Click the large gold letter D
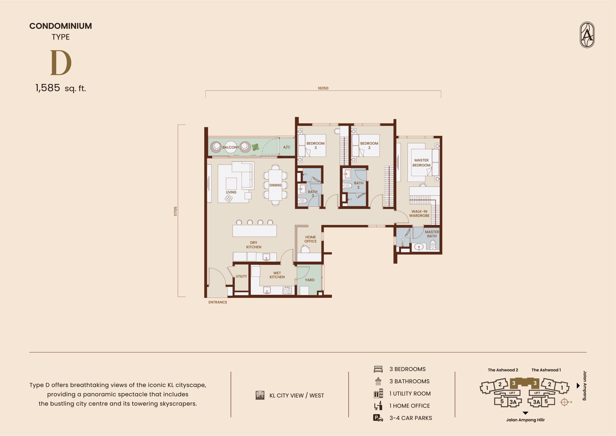tap(61, 63)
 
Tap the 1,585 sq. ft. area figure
tap(61, 88)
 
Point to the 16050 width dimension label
tap(323, 88)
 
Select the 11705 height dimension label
tap(175, 211)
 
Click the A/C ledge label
tap(287, 147)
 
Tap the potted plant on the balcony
tap(255, 147)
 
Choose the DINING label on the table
tap(275, 185)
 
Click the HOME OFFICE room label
tap(310, 239)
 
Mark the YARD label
tap(310, 280)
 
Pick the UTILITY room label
tap(241, 276)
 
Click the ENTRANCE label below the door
tap(218, 302)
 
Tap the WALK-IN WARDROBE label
tap(419, 214)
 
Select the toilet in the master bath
tap(432, 245)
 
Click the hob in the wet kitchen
tap(287, 291)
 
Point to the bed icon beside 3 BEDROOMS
tap(378, 369)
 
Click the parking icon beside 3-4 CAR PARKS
tap(378, 418)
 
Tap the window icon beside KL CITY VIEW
tap(260, 395)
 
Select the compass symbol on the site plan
tap(565, 402)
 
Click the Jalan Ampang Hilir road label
tap(525, 420)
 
